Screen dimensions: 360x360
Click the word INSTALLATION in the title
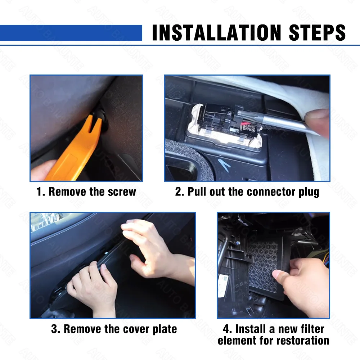click(x=216, y=33)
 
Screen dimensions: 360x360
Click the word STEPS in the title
click(x=317, y=33)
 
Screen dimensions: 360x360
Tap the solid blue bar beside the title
click(x=71, y=33)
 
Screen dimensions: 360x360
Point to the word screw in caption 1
click(x=122, y=192)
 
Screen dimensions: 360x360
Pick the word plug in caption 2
click(x=309, y=192)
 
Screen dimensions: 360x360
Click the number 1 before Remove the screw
click(x=39, y=192)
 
